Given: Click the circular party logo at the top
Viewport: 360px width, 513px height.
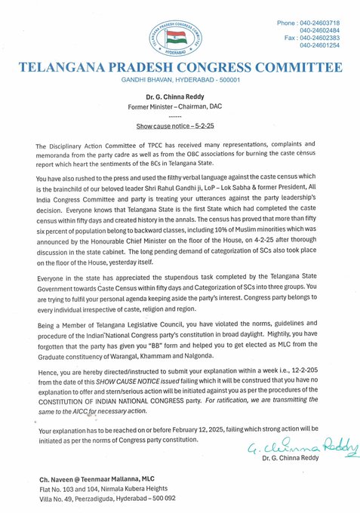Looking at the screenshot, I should pyautogui.click(x=180, y=38).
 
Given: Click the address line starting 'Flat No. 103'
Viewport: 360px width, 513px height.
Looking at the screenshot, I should pyautogui.click(x=102, y=489).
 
